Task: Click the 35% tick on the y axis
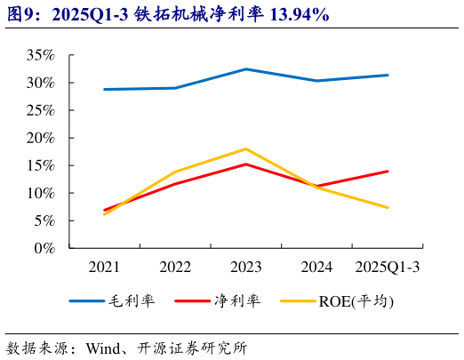(40, 55)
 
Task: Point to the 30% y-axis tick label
(40, 83)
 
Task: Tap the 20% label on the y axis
(40, 138)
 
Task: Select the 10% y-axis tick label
(40, 193)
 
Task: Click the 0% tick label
(44, 248)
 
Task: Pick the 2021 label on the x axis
(105, 267)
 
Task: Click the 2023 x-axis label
(246, 267)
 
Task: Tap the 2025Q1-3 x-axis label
(388, 267)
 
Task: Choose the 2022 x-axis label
(175, 267)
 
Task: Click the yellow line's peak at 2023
(246, 148)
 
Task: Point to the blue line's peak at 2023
(246, 69)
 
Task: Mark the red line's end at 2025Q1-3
(388, 171)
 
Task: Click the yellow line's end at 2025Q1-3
(388, 208)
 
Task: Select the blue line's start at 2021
(105, 89)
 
